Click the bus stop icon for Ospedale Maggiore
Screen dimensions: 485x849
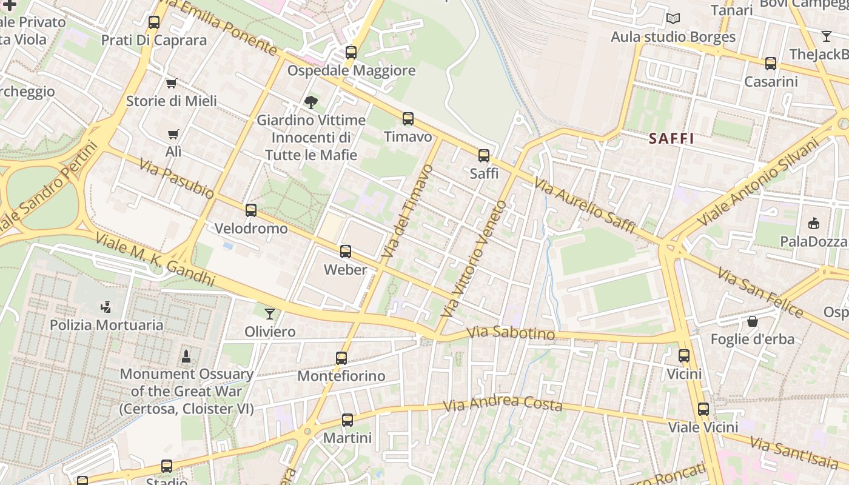coord(351,53)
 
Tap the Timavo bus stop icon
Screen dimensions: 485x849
coord(408,119)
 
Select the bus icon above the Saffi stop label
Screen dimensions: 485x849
coord(483,156)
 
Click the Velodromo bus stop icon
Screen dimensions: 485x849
coord(251,210)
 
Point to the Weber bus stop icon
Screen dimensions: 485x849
coord(346,251)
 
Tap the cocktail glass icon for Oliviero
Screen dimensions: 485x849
coord(270,313)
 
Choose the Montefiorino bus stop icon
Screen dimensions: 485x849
coord(341,358)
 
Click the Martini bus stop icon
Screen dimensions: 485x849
coord(347,420)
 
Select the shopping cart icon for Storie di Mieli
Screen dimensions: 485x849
coord(172,83)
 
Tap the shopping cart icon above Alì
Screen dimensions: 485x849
coord(173,134)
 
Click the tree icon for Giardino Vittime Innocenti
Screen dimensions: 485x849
coord(311,102)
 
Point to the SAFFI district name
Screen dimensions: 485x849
coord(671,138)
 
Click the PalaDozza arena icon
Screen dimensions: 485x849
coord(814,224)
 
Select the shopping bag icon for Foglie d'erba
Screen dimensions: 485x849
coord(753,321)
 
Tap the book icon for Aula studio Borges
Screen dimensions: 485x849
coord(673,19)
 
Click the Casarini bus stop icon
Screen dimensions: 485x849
coord(770,63)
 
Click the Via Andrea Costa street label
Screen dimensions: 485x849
coord(503,403)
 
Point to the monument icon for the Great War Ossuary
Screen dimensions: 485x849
coord(186,356)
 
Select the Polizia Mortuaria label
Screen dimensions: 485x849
coord(106,325)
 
